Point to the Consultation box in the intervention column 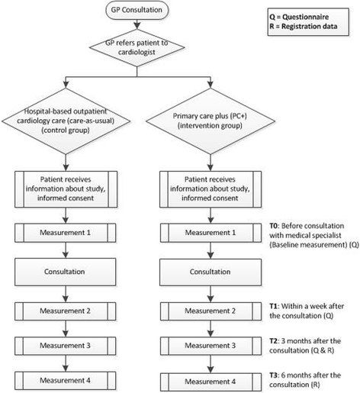click(x=212, y=270)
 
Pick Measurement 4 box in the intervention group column click(x=212, y=379)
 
